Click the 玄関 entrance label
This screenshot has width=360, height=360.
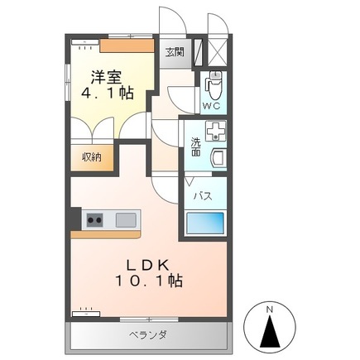175,52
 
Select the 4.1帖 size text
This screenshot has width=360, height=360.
108,94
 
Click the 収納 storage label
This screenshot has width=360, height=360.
92,156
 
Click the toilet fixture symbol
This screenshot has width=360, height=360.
214,84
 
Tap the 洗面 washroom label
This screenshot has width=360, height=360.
195,146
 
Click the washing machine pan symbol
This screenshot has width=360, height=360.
216,131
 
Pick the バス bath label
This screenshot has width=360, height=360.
201,196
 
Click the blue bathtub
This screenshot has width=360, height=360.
204,224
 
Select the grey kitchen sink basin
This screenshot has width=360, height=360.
126,220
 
